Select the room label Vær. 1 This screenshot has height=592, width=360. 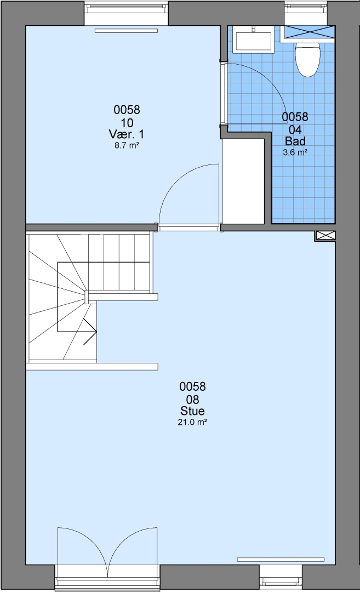pos(127,134)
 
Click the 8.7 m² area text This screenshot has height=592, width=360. pos(127,145)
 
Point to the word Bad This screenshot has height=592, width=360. pos(295,141)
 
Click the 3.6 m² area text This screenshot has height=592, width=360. pos(295,152)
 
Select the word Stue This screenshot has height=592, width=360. pos(192,411)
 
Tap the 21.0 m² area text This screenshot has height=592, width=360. pos(192,422)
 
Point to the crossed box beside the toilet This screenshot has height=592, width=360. pos(310,32)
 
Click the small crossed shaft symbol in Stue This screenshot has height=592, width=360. pos(325,236)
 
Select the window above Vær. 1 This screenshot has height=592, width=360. pos(126,13)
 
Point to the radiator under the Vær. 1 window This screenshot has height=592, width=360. pos(125,31)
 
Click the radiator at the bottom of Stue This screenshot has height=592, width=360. pos(281,559)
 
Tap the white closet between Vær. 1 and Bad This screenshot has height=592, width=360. pos(243,181)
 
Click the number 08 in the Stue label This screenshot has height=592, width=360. pos(192,399)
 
